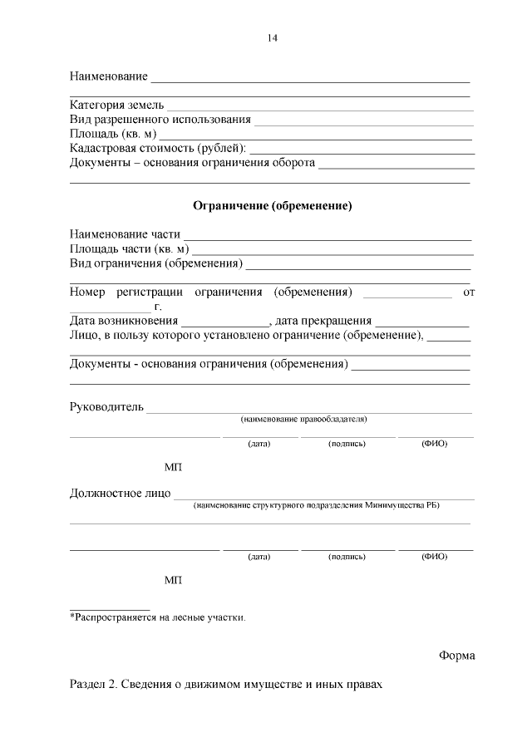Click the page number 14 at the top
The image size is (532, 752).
click(x=272, y=37)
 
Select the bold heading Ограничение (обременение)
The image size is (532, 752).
click(x=273, y=205)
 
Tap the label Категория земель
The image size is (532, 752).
click(x=116, y=106)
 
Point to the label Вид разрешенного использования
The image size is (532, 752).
click(x=160, y=120)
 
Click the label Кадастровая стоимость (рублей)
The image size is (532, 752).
click(x=157, y=148)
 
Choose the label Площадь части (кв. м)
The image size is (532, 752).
click(x=129, y=248)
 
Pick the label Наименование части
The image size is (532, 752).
click(x=125, y=234)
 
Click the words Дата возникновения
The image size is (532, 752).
click(x=124, y=321)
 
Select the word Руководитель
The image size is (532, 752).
click(x=106, y=407)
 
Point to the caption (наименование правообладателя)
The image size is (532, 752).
click(x=303, y=420)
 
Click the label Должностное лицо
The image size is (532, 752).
click(x=120, y=494)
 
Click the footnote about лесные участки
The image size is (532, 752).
click(x=158, y=617)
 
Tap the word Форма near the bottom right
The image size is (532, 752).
click(x=457, y=656)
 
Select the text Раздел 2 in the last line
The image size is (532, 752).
click(x=93, y=685)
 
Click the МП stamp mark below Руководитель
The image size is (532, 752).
click(x=173, y=468)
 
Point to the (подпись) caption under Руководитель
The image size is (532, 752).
click(x=347, y=444)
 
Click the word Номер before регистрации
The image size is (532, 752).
click(x=88, y=292)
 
